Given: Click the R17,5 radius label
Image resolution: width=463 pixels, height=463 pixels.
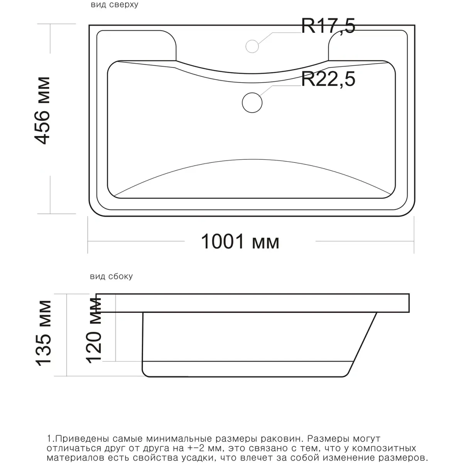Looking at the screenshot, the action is (x=328, y=26).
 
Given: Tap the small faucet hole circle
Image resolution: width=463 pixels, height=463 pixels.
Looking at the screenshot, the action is (x=252, y=46).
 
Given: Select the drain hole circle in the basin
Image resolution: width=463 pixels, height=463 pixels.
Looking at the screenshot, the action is (x=252, y=103).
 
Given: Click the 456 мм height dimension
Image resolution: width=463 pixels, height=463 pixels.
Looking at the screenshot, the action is (x=42, y=110).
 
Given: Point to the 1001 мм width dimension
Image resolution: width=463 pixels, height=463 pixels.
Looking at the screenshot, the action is (x=240, y=241).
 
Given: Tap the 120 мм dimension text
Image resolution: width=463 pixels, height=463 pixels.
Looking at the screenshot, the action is (x=94, y=330).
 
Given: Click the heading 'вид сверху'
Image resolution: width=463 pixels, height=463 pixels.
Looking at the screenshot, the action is (x=114, y=5).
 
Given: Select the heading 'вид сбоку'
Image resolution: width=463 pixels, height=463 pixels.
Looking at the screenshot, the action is (x=111, y=277).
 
